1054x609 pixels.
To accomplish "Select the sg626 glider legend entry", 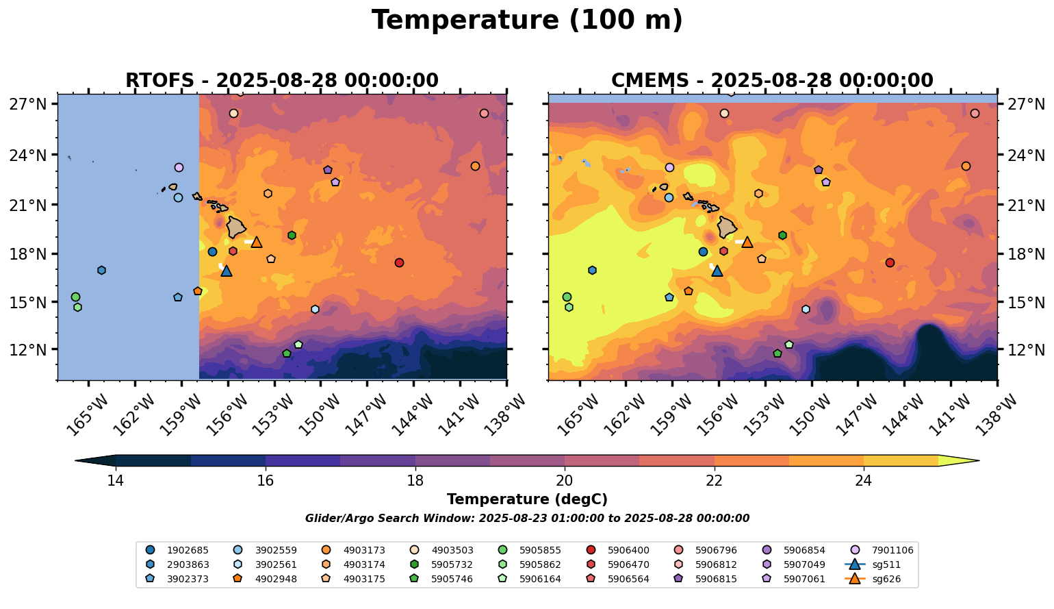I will click(x=886, y=579).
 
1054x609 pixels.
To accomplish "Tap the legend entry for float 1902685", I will click(x=188, y=550).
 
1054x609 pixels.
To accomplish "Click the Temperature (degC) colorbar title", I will click(x=527, y=499).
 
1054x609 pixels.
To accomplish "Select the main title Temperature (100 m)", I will click(x=527, y=21).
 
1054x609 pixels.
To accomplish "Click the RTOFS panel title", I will click(x=282, y=81).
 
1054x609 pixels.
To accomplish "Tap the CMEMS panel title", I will click(x=772, y=81).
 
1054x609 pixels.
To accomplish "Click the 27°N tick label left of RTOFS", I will click(x=28, y=104).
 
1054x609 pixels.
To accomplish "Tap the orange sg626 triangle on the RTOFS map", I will click(x=257, y=242).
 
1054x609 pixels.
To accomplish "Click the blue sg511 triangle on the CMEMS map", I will click(x=717, y=271).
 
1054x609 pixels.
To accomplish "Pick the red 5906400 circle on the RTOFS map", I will click(x=399, y=263).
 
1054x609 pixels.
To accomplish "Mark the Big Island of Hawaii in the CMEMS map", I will click(x=727, y=227).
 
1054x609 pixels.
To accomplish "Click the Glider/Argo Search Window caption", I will click(x=527, y=519).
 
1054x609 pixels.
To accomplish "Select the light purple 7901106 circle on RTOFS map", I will click(x=179, y=167).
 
